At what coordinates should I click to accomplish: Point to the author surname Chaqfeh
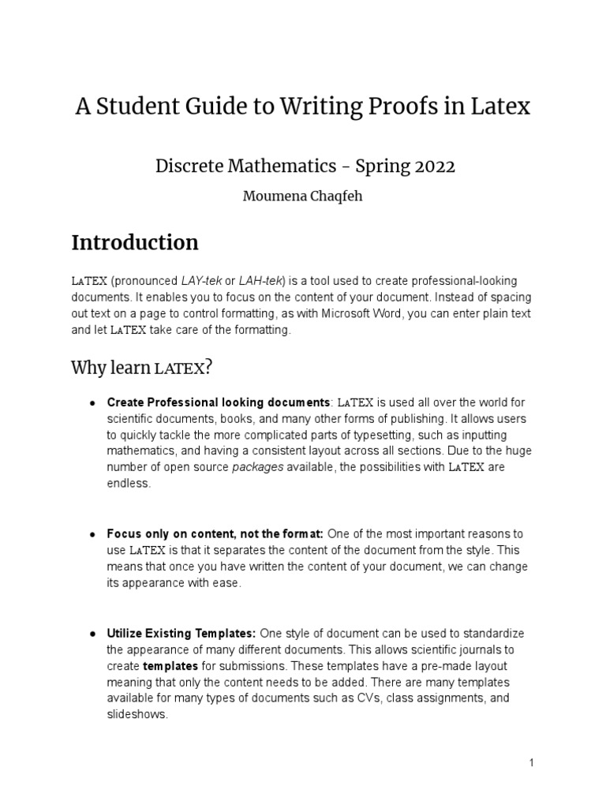click(x=335, y=196)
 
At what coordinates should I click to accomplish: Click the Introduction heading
click(x=135, y=242)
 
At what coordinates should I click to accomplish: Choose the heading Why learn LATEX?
click(x=142, y=368)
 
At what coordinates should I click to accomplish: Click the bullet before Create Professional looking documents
click(x=92, y=403)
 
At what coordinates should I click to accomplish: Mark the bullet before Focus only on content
click(x=92, y=535)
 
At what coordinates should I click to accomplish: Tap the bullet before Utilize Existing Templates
click(x=92, y=634)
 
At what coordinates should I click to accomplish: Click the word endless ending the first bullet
click(x=127, y=484)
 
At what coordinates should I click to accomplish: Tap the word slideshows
click(x=137, y=715)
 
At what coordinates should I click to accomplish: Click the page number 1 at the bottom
click(x=532, y=763)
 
